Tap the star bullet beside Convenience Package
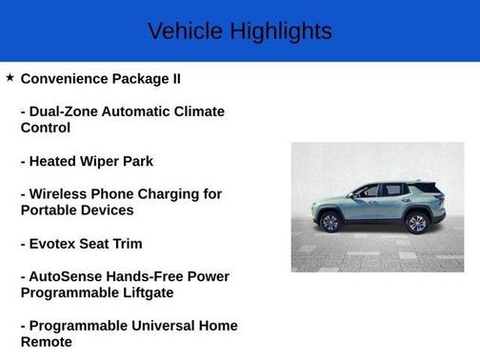coord(10,77)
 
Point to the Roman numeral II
coord(173,78)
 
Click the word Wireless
coord(61,193)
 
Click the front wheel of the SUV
coord(330,223)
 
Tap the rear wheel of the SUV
coord(416,223)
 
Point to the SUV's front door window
coord(368,191)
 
